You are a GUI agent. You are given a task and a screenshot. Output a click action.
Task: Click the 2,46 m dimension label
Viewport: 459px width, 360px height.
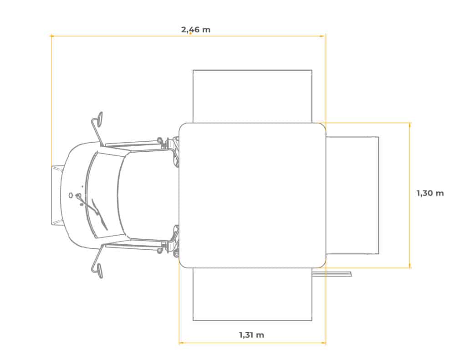pyautogui.click(x=195, y=30)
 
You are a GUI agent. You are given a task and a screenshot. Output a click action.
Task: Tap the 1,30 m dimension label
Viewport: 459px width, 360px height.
pyautogui.click(x=430, y=193)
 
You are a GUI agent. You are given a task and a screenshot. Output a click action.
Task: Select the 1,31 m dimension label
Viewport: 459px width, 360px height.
pyautogui.click(x=251, y=335)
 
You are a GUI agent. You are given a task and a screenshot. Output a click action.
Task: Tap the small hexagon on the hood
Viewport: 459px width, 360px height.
pyautogui.click(x=71, y=195)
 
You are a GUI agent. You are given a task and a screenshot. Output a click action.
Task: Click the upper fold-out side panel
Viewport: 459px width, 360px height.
pyautogui.click(x=252, y=96)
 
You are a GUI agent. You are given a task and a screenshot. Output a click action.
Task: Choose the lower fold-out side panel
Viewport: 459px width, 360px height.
pyautogui.click(x=252, y=294)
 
